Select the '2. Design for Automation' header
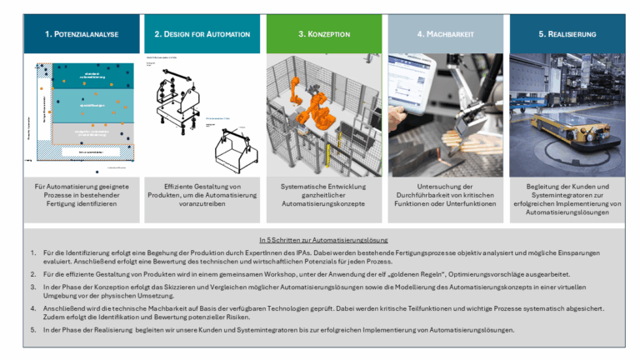[x=202, y=34]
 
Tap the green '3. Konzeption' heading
[x=324, y=34]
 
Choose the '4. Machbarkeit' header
[x=446, y=34]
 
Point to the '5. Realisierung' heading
[x=567, y=34]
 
